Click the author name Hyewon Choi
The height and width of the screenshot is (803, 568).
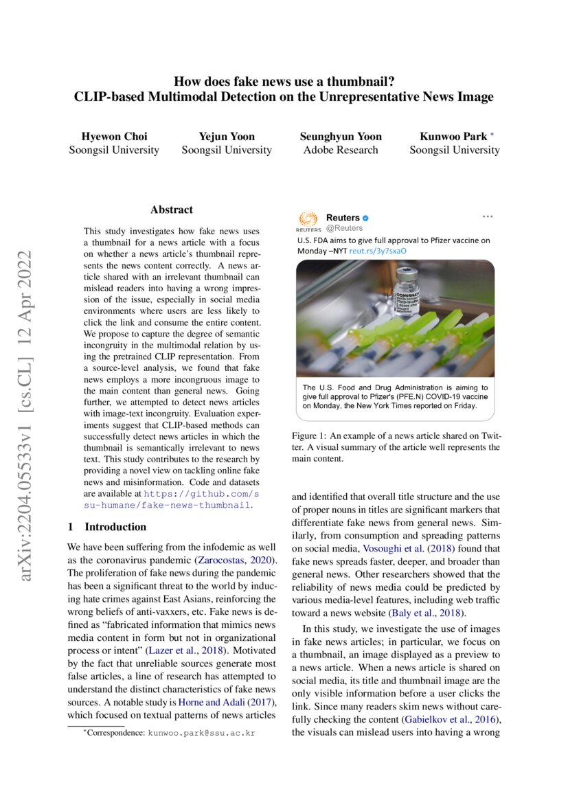(x=114, y=136)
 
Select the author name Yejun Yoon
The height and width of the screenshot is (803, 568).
(x=227, y=136)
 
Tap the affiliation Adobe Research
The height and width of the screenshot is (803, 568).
(x=341, y=150)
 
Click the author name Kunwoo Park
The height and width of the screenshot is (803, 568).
(x=451, y=136)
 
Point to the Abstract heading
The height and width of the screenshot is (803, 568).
(x=172, y=210)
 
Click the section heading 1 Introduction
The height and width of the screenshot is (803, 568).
(x=106, y=527)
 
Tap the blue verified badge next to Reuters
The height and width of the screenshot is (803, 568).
(x=365, y=218)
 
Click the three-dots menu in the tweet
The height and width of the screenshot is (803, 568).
(x=488, y=216)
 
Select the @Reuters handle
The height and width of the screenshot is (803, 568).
(x=344, y=228)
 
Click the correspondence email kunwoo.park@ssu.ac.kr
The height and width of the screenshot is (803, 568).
(x=201, y=733)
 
